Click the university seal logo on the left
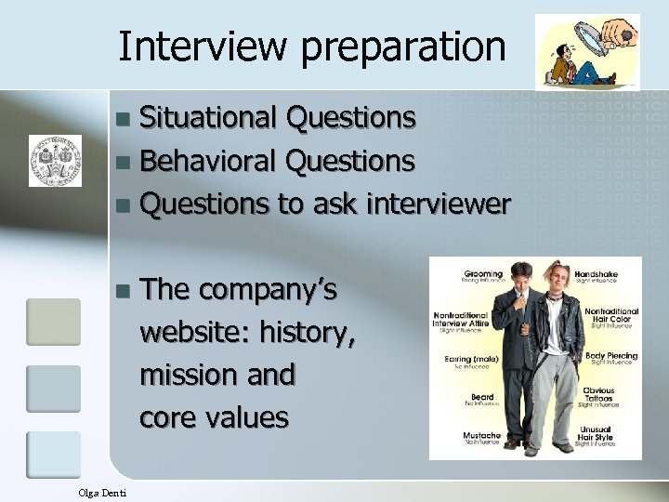coord(55,159)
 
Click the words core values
coord(214,417)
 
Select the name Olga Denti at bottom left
coord(103,492)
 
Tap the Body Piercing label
coord(610,357)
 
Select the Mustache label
coord(483,437)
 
